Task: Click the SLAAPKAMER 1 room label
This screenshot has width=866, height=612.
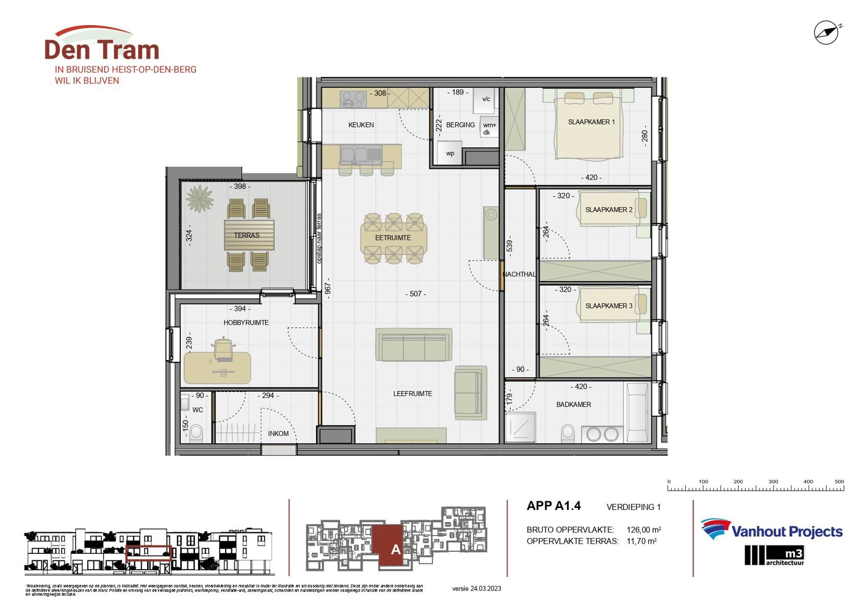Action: tap(591, 122)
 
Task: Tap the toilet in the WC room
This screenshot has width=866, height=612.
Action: tap(196, 433)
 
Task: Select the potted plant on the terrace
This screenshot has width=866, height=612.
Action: tap(199, 198)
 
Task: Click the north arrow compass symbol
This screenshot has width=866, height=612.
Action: tap(826, 33)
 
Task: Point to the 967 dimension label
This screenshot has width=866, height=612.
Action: tap(328, 289)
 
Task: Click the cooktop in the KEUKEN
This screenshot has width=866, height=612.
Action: tap(353, 99)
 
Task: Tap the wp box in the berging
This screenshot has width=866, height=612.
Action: tap(450, 153)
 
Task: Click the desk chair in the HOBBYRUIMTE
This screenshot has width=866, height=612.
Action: tap(223, 349)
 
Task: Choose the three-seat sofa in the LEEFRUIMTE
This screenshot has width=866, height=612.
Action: tap(414, 345)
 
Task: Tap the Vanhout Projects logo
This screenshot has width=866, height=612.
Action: tap(771, 531)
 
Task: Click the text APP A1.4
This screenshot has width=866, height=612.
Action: tap(554, 506)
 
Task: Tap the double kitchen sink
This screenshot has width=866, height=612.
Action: tap(361, 154)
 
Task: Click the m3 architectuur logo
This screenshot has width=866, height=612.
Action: tap(774, 555)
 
